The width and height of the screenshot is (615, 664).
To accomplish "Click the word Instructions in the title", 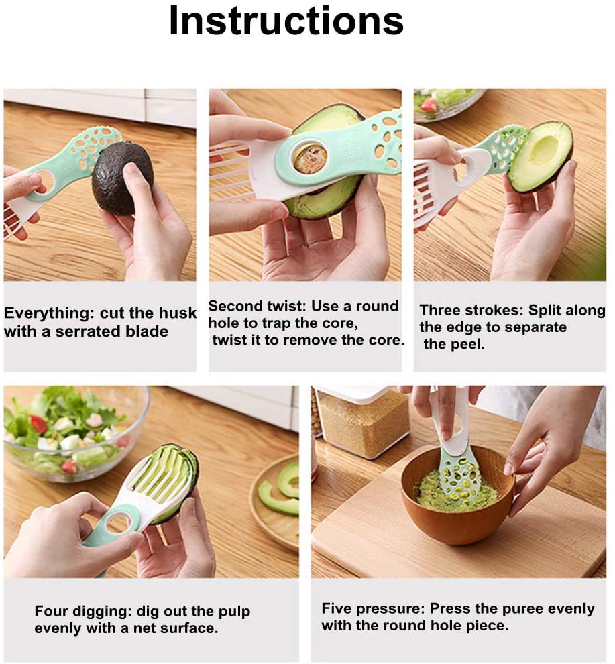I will [286, 21].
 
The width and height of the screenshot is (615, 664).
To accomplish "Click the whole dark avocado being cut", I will [122, 177].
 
